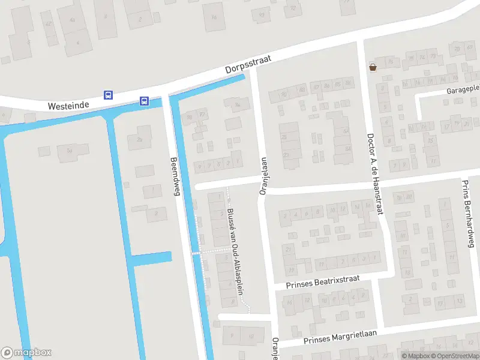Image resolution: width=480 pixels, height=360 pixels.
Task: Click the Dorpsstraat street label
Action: coord(248,64)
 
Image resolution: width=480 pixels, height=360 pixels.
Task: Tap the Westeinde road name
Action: coord(68,106)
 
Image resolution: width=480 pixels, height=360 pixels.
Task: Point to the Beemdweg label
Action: coord(175,176)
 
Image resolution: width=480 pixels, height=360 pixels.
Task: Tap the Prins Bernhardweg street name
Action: coord(468,213)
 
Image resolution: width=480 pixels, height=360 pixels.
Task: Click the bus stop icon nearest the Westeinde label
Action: coord(109,95)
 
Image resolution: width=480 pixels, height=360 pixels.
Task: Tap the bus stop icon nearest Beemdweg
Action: coord(145,101)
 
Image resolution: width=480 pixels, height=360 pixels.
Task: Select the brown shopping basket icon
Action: coord(373,67)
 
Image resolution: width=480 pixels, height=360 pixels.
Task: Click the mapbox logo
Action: coord(26,353)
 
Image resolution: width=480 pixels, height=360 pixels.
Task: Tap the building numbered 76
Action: coord(391,62)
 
